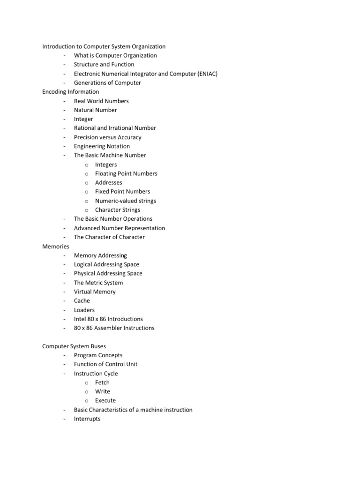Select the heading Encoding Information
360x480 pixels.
coord(71,92)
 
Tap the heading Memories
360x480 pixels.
coord(56,246)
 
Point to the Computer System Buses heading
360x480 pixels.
coord(74,346)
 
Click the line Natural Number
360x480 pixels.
coord(96,110)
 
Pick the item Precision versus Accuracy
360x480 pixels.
coord(107,137)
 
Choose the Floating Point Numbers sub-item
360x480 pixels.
coord(126,173)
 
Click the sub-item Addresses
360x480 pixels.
coord(108,183)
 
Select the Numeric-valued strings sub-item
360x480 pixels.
coord(126,201)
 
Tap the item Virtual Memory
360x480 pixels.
coord(95,292)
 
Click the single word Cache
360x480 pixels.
coord(82,301)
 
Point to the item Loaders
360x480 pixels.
coord(84,310)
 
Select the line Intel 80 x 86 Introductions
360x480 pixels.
coord(108,319)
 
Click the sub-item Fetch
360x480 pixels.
coord(102,382)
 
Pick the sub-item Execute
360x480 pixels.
coord(105,401)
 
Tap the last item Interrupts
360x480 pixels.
coord(87,419)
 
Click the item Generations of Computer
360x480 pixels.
coord(107,83)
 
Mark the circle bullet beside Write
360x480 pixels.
coord(87,392)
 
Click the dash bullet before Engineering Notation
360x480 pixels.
coord(64,147)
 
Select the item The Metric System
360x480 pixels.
coord(98,283)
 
